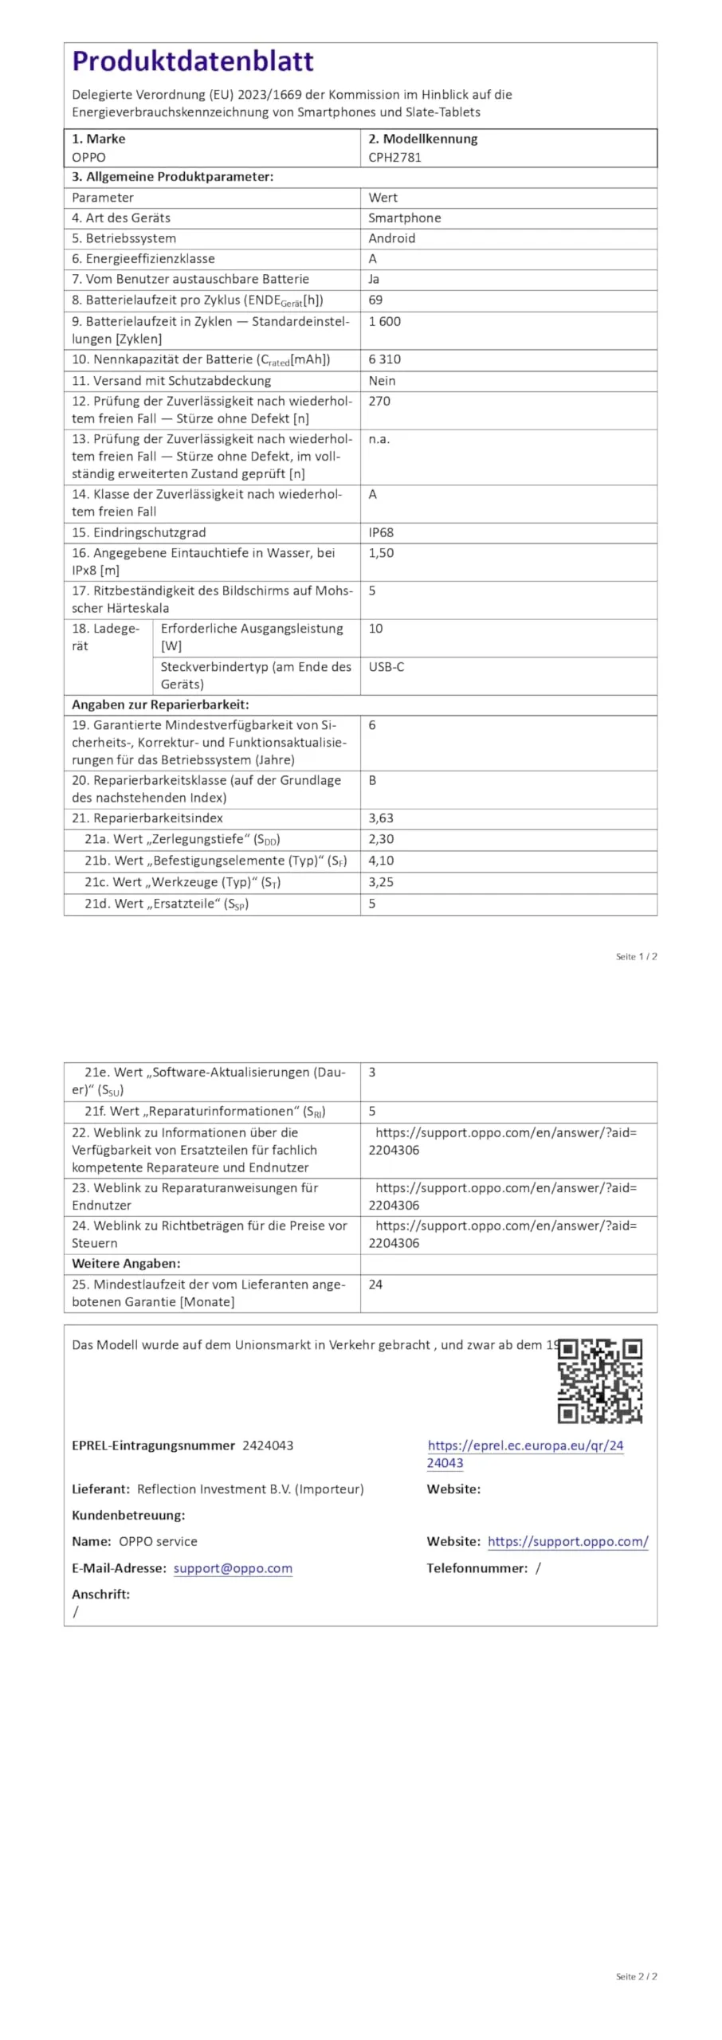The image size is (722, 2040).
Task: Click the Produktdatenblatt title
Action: (x=192, y=61)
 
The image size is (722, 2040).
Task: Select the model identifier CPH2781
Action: (x=394, y=157)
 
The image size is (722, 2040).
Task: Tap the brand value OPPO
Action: (x=88, y=157)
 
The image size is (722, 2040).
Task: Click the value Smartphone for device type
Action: (x=404, y=218)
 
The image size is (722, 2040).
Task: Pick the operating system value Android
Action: (x=391, y=238)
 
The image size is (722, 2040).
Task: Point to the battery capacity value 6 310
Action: (x=384, y=359)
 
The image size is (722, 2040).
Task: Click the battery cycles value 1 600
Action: (x=384, y=321)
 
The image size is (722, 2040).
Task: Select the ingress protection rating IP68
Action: (x=381, y=532)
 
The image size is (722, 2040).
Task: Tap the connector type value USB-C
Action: (x=386, y=666)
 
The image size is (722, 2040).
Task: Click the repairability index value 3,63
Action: (x=381, y=818)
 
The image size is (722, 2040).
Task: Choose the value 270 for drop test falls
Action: (x=379, y=401)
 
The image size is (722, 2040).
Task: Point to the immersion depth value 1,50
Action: (x=381, y=552)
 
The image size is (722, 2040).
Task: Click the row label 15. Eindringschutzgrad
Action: (x=139, y=532)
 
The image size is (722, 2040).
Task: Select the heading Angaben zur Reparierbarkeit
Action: (x=160, y=704)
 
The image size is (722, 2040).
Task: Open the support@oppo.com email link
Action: (x=233, y=1568)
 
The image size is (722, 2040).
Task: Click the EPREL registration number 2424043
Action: (x=268, y=1446)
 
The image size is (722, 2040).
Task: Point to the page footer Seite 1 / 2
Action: (x=636, y=956)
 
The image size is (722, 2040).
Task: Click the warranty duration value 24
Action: (x=375, y=1285)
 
